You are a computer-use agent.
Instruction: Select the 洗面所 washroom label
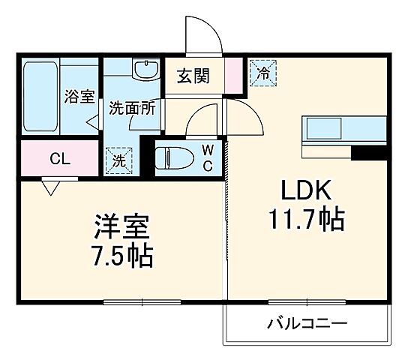132,107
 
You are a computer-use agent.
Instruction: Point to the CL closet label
60,159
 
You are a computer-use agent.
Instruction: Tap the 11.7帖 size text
306,220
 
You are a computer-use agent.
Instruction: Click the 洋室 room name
122,226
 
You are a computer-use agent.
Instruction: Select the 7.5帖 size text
123,257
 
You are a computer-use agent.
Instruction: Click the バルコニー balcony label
307,325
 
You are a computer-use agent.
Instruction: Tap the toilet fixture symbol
173,158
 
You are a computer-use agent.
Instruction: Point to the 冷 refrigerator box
263,72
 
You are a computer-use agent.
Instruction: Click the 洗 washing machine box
119,160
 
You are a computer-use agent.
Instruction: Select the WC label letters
207,158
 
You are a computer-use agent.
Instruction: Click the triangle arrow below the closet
51,186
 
